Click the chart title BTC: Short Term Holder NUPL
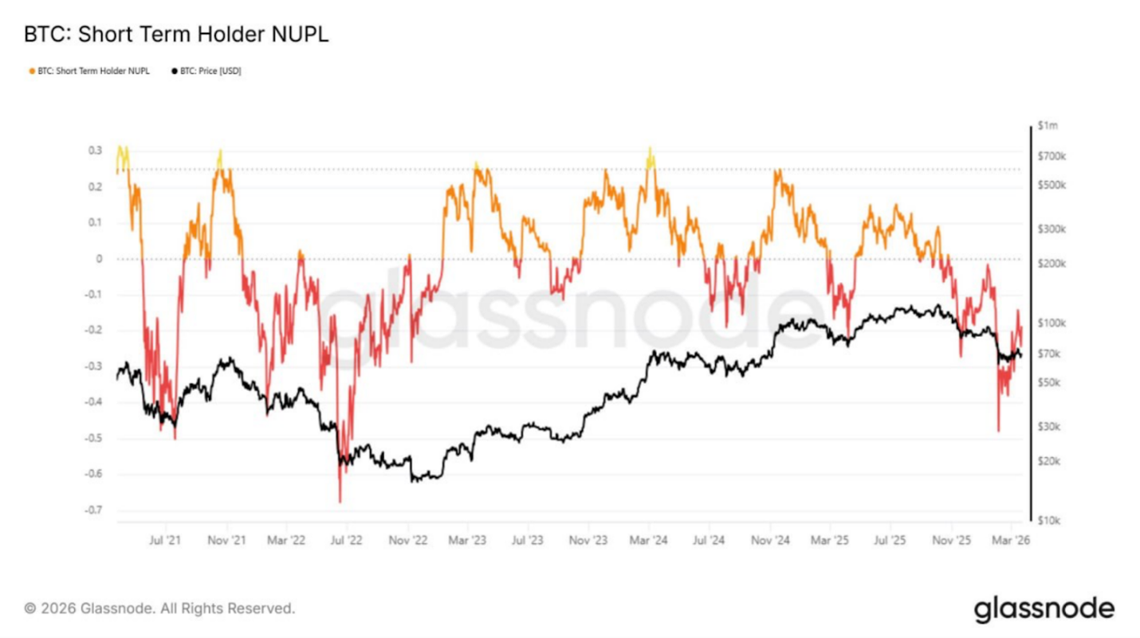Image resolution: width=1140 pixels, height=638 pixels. point(176,35)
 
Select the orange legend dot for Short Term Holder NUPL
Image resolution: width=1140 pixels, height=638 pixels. point(33,71)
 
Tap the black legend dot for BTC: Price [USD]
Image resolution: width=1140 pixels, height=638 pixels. point(174,71)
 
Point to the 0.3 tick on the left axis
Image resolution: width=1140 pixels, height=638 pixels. point(95,151)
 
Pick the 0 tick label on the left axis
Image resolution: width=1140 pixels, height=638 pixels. point(99,259)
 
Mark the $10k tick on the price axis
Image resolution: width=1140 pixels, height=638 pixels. point(1051,521)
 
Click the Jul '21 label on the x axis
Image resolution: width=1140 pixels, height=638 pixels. point(166,540)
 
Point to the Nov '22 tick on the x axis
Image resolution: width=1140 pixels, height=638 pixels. point(408,540)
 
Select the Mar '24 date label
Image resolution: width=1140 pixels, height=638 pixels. point(650,540)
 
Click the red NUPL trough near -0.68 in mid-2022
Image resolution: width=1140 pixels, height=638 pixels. point(340,501)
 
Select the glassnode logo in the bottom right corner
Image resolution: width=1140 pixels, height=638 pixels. point(1044,609)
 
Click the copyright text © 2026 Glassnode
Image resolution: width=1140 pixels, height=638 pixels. point(159,609)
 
